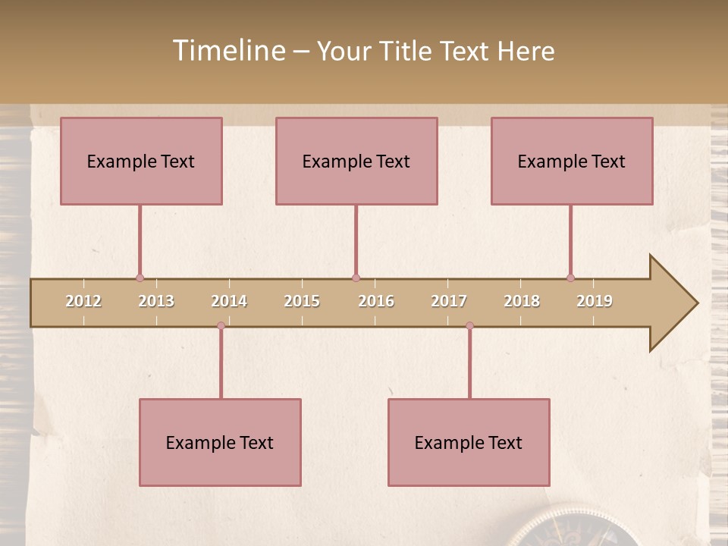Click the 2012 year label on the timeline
83,301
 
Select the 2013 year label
156,301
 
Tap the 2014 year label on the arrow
229,301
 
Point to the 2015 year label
302,301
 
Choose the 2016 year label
376,301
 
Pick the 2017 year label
449,301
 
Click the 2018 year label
522,301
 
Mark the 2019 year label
595,301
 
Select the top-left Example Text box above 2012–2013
141,161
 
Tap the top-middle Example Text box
356,161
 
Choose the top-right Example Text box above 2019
572,161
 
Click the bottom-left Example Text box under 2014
220,442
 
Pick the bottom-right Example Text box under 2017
469,442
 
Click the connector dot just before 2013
140,278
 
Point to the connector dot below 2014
221,325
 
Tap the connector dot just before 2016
356,278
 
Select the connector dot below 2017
469,325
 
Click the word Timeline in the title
228,51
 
